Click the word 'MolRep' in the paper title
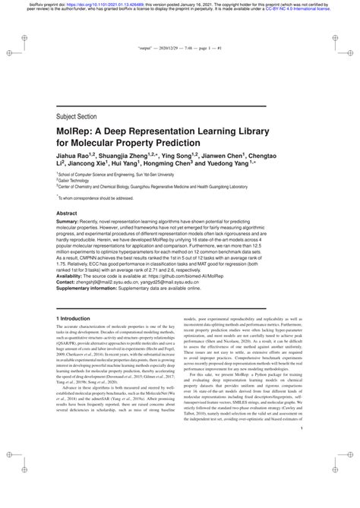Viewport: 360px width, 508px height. (x=77, y=137)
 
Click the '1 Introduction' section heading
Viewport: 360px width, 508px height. (x=73, y=339)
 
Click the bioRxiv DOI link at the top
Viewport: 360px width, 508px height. (x=106, y=5)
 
